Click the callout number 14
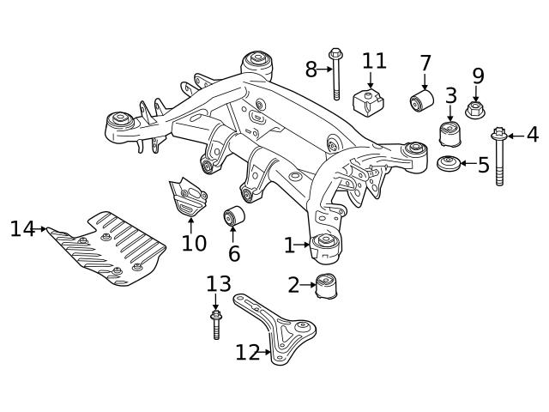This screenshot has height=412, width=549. pos(21,228)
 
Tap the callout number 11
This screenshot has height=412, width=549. pos(374,61)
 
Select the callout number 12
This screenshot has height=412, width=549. pos(247,353)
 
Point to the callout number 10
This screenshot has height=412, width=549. pos(194,243)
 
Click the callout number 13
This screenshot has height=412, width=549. pos(219,284)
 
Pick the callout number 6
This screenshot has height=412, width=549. pos(233,254)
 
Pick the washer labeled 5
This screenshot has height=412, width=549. pos(447,163)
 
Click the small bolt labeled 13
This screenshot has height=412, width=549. pos(216,325)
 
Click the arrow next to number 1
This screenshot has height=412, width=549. pos(304,245)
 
